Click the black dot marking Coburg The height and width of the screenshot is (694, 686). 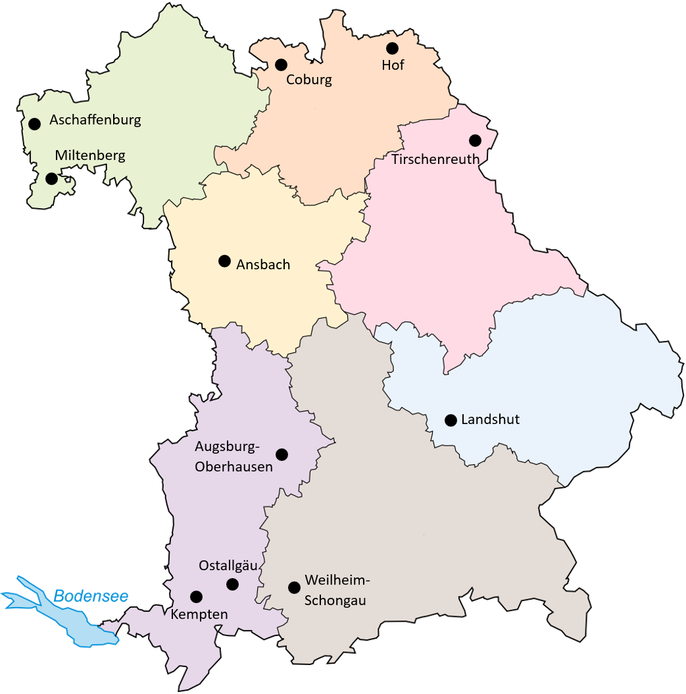[282, 65]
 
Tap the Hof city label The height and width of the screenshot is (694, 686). [393, 65]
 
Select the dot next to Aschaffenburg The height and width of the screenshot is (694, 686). [34, 123]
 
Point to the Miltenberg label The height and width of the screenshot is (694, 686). [90, 155]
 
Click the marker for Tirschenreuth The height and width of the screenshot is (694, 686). [475, 140]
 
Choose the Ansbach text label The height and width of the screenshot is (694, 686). [263, 265]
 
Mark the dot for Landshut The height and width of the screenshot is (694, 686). [451, 420]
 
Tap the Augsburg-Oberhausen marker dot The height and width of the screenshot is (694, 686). [282, 454]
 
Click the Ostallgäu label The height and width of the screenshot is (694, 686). [228, 566]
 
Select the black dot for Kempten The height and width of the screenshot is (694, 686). [196, 597]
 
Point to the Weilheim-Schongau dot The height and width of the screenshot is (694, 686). [294, 587]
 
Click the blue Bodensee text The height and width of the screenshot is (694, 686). [91, 597]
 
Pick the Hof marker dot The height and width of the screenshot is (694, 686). [392, 48]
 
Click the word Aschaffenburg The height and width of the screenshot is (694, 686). [95, 120]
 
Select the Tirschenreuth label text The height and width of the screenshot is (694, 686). [435, 159]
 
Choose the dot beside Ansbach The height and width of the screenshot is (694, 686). [224, 261]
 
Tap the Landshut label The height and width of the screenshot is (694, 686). [491, 419]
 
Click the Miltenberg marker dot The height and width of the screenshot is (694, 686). [51, 178]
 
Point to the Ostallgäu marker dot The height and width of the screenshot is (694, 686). [232, 584]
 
